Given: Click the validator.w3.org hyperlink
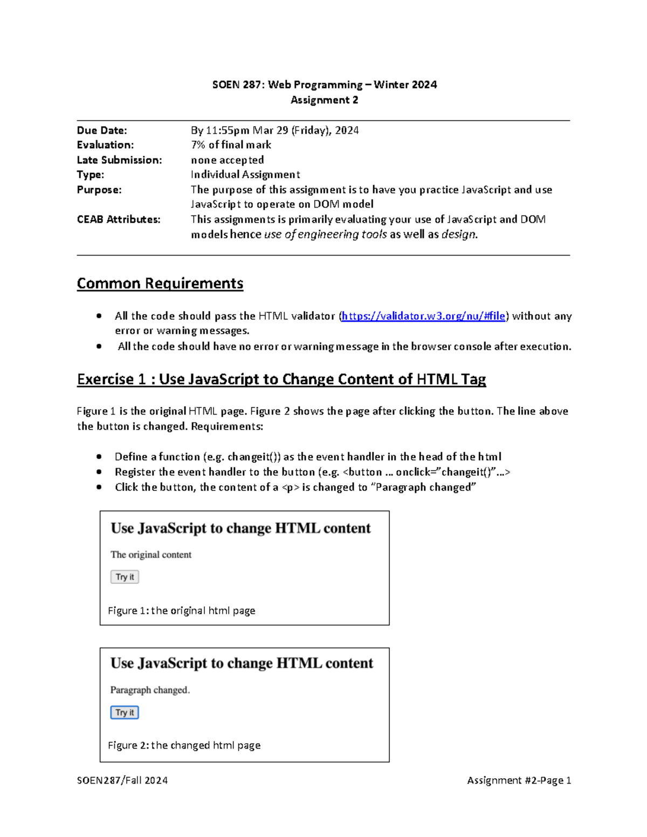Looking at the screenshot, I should [x=424, y=316].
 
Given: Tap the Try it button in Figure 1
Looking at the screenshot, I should [x=125, y=577].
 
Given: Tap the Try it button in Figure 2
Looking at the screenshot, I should [x=125, y=713].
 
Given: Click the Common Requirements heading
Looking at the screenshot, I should [x=160, y=283].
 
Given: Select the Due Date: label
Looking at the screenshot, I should [x=102, y=130].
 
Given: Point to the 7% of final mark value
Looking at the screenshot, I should [x=231, y=145].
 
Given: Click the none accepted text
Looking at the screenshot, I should [x=227, y=160].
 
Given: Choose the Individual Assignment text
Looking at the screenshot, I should [x=245, y=175].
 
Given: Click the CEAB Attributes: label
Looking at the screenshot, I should [x=119, y=219].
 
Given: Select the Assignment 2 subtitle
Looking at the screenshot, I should [x=324, y=100].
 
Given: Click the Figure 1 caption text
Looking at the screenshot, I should [x=181, y=611].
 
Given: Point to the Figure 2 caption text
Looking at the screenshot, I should [x=184, y=745].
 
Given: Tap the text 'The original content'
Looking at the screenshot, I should [x=151, y=555].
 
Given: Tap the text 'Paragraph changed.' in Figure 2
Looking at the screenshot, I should [x=150, y=690].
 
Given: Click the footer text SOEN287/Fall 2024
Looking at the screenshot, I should [x=122, y=780].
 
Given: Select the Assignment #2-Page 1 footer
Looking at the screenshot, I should [x=519, y=780].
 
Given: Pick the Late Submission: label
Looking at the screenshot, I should [x=119, y=160].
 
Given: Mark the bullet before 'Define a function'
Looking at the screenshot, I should [x=99, y=456].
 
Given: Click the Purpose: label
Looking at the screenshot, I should [x=99, y=190].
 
